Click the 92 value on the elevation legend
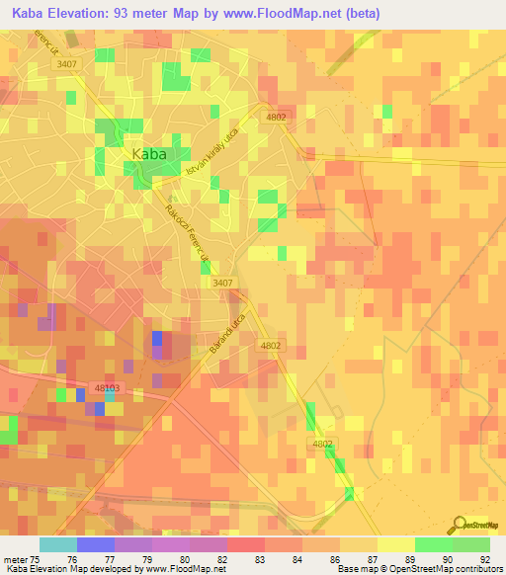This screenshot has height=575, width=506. coord(485,558)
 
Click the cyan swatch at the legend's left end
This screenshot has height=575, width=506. coord(57,544)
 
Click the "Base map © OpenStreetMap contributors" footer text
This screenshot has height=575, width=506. coord(417,569)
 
